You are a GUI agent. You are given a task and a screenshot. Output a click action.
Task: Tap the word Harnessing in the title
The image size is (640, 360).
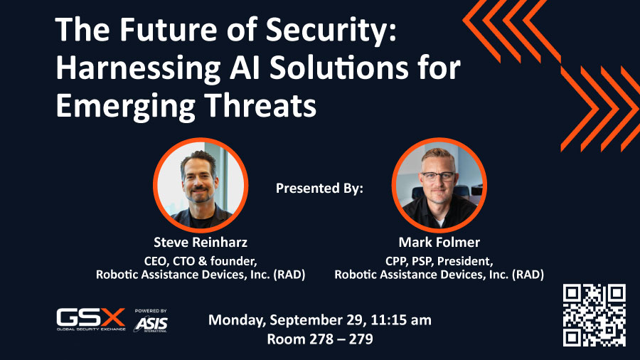click(138, 68)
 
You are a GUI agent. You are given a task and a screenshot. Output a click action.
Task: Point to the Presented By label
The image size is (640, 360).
click(319, 188)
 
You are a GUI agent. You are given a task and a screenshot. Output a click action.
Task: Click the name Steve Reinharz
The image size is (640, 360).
click(201, 243)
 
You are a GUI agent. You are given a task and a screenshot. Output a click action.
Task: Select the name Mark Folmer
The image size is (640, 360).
click(439, 243)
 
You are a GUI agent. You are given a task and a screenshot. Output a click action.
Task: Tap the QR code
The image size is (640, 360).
click(594, 315)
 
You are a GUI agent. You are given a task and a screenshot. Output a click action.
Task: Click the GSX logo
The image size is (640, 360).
click(91, 319)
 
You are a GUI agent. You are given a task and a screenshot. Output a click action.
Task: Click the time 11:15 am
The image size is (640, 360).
click(401, 320)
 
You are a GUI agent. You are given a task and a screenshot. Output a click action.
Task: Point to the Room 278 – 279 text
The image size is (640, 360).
click(320, 339)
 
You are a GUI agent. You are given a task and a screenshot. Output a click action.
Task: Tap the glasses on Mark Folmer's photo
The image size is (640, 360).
click(438, 176)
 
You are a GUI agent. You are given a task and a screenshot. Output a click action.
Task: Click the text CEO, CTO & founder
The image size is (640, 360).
click(201, 261)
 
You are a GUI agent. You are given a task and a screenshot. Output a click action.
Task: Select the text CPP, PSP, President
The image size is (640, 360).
click(439, 261)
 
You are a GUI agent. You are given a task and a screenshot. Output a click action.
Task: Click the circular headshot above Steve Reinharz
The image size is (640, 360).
click(201, 185)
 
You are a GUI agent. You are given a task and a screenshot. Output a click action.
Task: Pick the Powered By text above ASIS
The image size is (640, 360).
click(151, 311)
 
